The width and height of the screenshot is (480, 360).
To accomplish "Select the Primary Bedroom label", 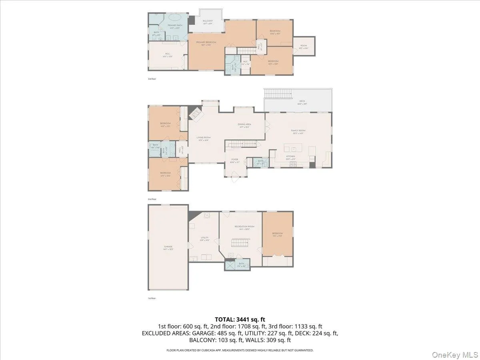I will click(206, 43).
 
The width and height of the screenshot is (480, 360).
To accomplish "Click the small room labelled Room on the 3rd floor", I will click(304, 46).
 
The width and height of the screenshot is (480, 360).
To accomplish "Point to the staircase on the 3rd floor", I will click(246, 50).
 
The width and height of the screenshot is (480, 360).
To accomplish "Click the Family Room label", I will click(298, 131).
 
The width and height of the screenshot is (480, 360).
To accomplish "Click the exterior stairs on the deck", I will click(278, 94).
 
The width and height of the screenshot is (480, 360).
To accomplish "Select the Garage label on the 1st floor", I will click(168, 247).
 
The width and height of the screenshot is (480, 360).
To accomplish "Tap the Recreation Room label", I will click(244, 227).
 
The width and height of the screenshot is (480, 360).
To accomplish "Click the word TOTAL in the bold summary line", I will click(224, 319).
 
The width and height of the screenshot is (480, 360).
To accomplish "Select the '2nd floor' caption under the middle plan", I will click(152, 199).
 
